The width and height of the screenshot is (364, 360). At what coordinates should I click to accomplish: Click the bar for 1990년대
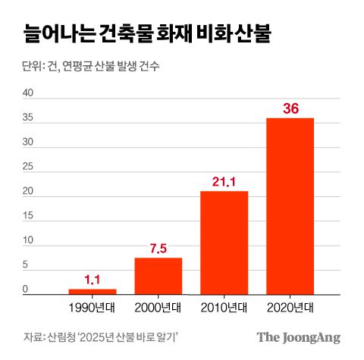tap(93, 291)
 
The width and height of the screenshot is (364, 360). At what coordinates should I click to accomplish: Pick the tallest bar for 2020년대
tap(290, 206)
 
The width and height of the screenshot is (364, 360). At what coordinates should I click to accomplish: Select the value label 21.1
tap(224, 181)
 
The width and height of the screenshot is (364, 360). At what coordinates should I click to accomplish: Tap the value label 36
tap(290, 108)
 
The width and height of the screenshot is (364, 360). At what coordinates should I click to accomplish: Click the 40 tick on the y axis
tap(29, 93)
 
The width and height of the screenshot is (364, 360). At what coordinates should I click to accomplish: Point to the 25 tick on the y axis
tap(29, 167)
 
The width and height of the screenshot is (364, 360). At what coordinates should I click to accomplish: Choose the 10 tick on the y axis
tap(29, 241)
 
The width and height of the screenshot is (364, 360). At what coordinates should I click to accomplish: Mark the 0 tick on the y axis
tap(26, 290)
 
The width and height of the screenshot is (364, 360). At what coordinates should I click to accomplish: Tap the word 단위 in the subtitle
tap(33, 67)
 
